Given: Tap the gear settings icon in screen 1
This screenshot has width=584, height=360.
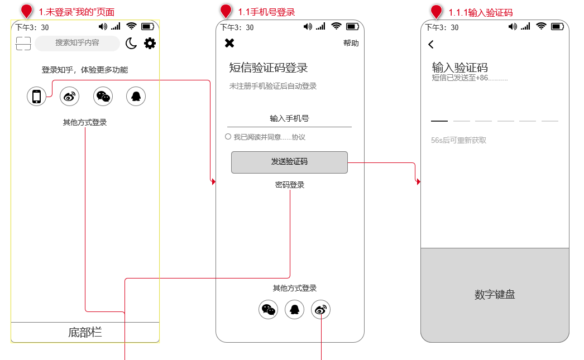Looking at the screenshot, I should click(150, 43).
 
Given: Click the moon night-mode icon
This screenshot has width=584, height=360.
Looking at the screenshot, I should click(131, 43).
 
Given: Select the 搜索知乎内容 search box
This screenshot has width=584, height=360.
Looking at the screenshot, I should click(77, 43).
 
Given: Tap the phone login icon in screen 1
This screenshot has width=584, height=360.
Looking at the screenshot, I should click(36, 97).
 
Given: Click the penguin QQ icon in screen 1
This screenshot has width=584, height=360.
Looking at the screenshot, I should click(136, 97).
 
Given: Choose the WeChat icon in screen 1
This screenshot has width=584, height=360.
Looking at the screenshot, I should click(103, 97).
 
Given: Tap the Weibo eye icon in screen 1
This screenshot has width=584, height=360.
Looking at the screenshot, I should click(70, 97).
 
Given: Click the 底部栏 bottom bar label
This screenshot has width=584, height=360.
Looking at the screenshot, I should click(85, 333).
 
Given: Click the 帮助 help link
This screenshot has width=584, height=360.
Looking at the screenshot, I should click(351, 44).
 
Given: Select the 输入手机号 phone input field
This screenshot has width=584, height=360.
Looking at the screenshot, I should click(289, 119).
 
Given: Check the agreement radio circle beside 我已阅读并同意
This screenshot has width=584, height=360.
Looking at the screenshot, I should click(228, 137).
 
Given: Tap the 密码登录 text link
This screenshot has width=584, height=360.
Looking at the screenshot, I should click(290, 185).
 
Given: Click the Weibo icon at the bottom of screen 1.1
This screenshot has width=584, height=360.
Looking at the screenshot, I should click(320, 309).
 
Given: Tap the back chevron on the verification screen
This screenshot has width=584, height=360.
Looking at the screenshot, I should click(431, 45).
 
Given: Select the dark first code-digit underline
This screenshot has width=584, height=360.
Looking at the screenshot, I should click(439, 121).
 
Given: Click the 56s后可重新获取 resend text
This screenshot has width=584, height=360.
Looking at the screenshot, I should click(458, 140).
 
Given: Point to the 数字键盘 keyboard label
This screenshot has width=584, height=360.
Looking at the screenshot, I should click(495, 295).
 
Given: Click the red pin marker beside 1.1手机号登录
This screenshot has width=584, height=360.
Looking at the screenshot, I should click(226, 11).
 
